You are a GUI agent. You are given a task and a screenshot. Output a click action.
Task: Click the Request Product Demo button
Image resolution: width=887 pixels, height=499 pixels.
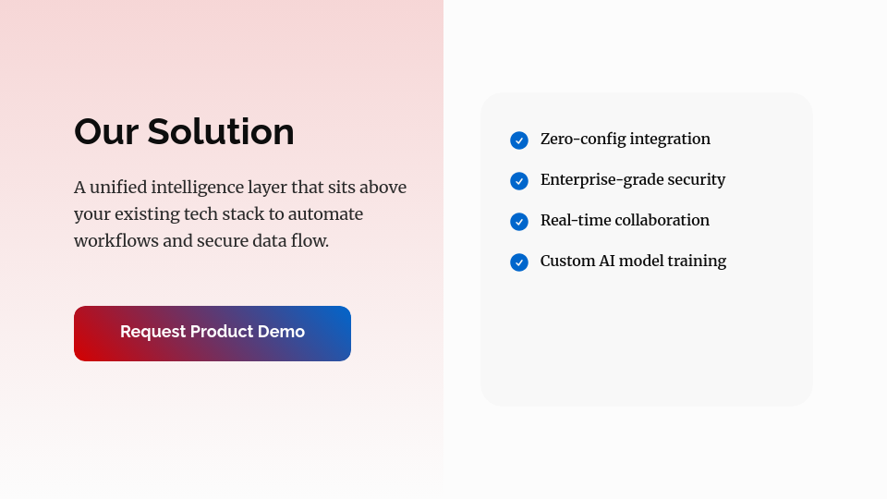coord(213,334)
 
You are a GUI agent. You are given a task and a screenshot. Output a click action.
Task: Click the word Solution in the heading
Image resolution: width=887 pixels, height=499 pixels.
coord(221,132)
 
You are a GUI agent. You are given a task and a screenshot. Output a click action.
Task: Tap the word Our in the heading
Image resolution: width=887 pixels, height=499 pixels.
coord(106,132)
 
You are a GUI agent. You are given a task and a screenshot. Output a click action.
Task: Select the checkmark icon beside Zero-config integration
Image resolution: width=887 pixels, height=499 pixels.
coord(519,140)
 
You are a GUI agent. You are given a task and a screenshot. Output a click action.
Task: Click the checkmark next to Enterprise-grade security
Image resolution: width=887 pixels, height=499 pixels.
coord(519,181)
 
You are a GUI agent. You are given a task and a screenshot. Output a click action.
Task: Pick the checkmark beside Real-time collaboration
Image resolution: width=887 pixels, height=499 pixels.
coord(519,222)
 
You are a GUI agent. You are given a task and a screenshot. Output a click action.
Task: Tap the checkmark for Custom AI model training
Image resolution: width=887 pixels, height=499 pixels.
coord(519,262)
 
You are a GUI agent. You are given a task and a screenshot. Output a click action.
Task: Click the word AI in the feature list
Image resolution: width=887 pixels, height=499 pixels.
coord(607,261)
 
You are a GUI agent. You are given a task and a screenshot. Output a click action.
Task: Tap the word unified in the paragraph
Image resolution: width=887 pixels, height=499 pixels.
coord(118,188)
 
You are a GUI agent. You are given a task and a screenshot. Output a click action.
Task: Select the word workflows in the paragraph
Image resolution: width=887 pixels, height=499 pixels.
coord(116,241)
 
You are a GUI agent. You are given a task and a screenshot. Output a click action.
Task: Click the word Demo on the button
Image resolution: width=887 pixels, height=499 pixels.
coord(281,332)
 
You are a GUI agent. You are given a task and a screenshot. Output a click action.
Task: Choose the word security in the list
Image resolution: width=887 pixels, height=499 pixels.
coord(697,180)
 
